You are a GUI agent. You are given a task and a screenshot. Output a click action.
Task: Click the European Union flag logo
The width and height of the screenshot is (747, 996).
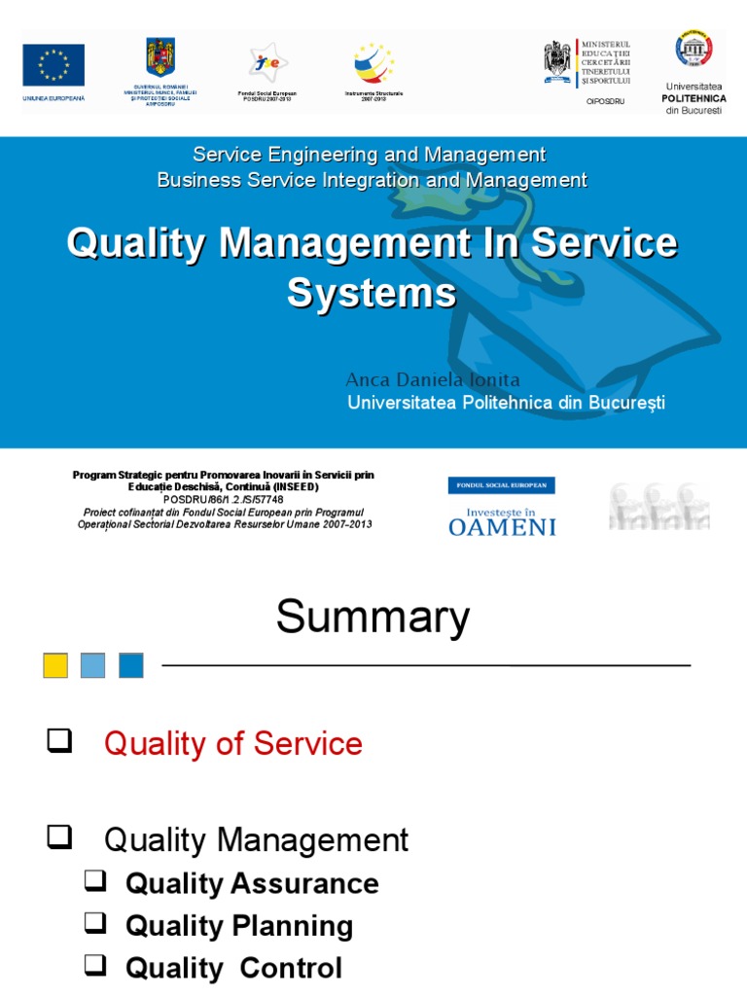click(53, 65)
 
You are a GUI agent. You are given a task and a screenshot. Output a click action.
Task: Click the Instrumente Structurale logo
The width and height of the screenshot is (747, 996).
click(373, 64)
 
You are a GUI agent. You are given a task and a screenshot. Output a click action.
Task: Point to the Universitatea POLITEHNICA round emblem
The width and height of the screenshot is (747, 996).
click(694, 49)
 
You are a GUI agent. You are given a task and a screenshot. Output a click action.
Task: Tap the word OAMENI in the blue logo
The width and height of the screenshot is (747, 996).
click(502, 526)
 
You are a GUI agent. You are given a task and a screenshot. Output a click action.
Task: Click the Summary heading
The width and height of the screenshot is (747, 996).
click(373, 617)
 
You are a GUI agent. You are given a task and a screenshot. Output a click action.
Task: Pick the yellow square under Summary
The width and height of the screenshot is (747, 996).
click(55, 665)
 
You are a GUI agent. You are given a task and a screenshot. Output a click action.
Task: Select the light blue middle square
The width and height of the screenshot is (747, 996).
click(93, 665)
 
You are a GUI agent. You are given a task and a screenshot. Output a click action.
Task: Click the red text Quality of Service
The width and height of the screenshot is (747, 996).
click(232, 744)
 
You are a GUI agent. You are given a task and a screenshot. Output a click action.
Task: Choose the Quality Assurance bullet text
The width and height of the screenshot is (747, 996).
click(252, 883)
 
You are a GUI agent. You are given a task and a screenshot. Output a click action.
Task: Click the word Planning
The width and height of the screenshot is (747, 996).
click(292, 926)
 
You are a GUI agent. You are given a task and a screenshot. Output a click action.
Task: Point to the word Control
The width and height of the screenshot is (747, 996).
click(291, 968)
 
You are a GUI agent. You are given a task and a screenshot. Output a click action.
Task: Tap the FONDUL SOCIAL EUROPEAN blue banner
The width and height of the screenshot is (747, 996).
click(501, 485)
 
